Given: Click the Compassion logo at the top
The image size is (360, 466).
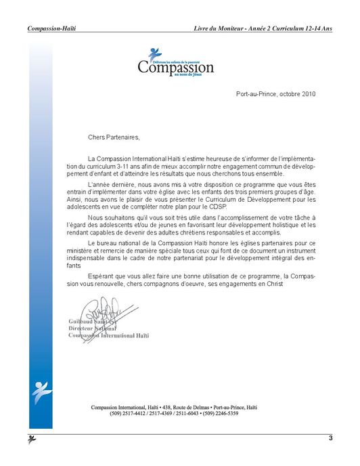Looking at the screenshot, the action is [x=175, y=63].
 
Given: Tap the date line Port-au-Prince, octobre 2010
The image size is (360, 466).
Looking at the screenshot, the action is [x=276, y=92].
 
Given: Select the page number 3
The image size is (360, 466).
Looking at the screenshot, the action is [x=330, y=438].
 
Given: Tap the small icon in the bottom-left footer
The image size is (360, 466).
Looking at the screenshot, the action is [x=32, y=440].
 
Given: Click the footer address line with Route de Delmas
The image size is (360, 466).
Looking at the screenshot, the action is [x=175, y=406].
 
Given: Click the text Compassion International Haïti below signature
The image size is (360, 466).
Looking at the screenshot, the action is [x=108, y=335].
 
